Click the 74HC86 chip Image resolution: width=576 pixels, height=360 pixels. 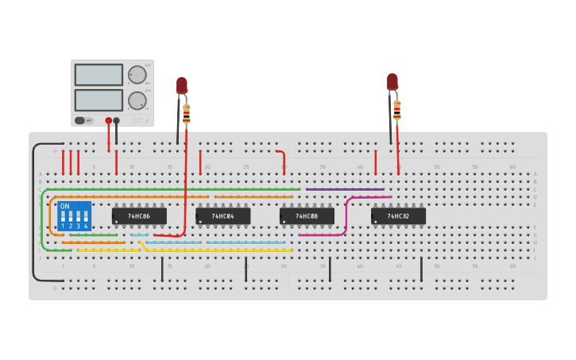coord(139,216)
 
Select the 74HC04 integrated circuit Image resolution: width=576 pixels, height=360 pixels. coord(223,216)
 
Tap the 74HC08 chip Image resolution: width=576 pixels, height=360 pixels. coord(307,216)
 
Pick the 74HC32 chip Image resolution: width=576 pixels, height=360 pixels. coord(398,216)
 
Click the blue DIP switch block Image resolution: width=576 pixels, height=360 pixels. coord(74,216)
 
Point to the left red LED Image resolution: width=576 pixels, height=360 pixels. coord(181,85)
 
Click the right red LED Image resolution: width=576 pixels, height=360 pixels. coord(392,81)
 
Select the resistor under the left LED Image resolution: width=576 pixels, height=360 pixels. coord(187,114)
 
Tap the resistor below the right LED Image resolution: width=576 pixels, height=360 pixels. coord(397,110)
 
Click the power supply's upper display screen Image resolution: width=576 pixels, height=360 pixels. coord(99,75)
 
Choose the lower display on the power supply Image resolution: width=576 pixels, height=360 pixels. coord(99,100)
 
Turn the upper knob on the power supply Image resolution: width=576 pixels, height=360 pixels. coord(137,75)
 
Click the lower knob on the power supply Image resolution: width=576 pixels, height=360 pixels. coord(137,100)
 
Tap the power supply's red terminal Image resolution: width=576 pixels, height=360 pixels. coord(109,121)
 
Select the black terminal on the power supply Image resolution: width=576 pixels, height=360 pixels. coord(117,121)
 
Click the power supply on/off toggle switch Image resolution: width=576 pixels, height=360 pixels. coord(80,121)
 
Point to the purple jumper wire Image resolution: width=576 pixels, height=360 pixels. coord(345,189)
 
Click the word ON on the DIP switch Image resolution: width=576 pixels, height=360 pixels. coord(65,207)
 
